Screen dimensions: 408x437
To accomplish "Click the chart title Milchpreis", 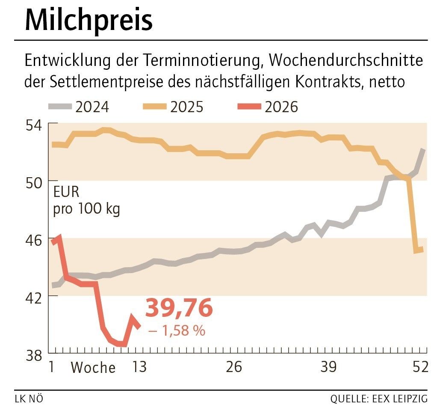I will click(89, 20).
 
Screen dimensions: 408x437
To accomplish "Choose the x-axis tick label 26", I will click(233, 367).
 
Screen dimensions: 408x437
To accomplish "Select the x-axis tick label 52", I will click(419, 367).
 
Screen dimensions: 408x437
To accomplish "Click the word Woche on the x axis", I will click(93, 368).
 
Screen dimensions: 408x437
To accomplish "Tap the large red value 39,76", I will click(179, 309).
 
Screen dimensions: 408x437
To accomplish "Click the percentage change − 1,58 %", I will click(176, 331).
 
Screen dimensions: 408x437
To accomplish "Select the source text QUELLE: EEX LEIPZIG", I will click(379, 399).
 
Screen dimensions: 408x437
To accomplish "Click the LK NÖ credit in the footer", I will click(29, 399).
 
